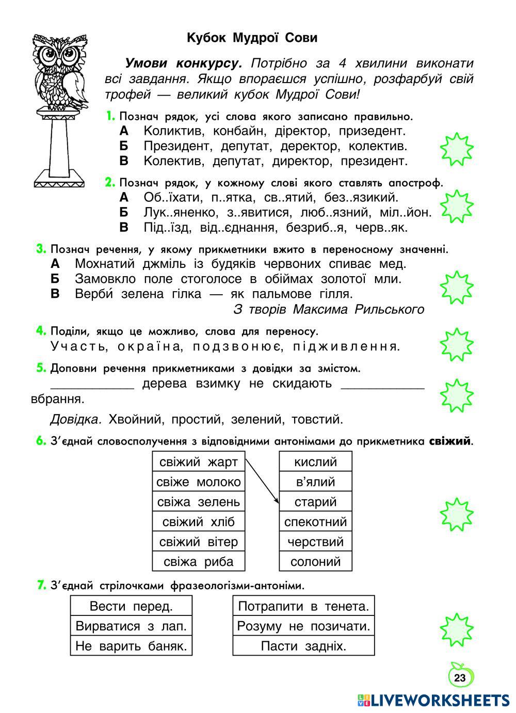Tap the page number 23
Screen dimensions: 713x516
[460, 678]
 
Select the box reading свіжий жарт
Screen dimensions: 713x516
[199, 462]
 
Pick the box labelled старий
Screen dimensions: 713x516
[315, 502]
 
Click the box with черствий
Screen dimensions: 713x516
[315, 542]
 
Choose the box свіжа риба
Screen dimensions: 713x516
[199, 562]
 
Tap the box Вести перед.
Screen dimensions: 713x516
[131, 606]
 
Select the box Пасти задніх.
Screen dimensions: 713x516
[303, 646]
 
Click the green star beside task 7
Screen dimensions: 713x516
[456, 630]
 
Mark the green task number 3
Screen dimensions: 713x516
[41, 249]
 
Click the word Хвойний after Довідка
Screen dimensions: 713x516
[134, 419]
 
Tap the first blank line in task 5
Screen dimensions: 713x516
[92, 385]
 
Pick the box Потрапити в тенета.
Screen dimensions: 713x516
[303, 606]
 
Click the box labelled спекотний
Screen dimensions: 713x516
[315, 522]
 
